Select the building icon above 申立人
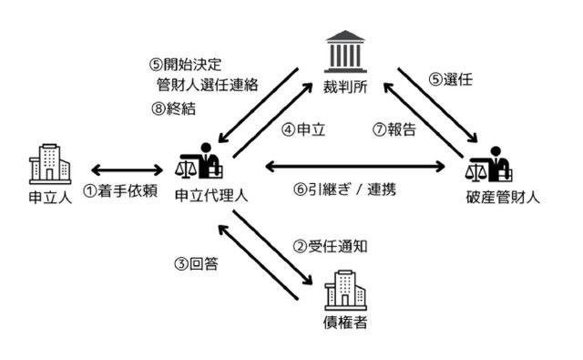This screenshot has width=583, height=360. [46, 162]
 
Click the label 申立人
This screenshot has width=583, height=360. [46, 195]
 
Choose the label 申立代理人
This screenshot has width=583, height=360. [210, 195]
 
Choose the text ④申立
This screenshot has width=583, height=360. [301, 130]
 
